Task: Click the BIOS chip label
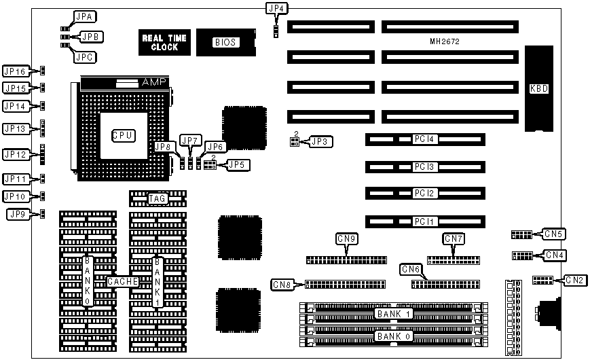[x=225, y=42]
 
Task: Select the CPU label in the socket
[x=123, y=135]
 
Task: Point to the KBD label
[x=539, y=88]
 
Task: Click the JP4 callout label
[x=276, y=9]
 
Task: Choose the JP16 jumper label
[x=15, y=71]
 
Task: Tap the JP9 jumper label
[x=18, y=214]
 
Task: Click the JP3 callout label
[x=319, y=142]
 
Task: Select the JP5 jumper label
[x=237, y=164]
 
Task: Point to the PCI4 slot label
[x=425, y=139]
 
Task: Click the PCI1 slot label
[x=425, y=221]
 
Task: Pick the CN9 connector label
[x=347, y=238]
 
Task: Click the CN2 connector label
[x=574, y=280]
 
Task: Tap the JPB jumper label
[x=92, y=36]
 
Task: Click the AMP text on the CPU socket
[x=152, y=82]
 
